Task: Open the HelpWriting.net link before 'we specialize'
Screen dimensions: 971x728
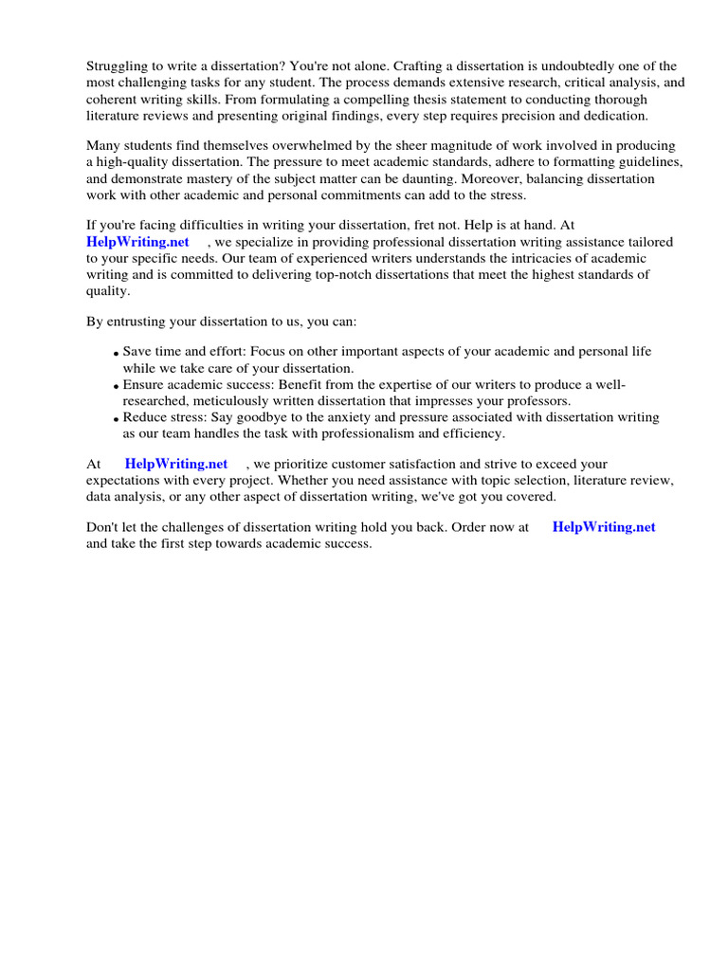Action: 138,242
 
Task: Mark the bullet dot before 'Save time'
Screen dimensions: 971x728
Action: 116,354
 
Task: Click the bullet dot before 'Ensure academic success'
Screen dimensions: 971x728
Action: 116,387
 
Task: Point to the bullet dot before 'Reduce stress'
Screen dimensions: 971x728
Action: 116,419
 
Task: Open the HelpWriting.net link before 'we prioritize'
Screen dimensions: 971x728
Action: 176,464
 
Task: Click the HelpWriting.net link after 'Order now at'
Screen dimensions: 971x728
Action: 604,527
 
